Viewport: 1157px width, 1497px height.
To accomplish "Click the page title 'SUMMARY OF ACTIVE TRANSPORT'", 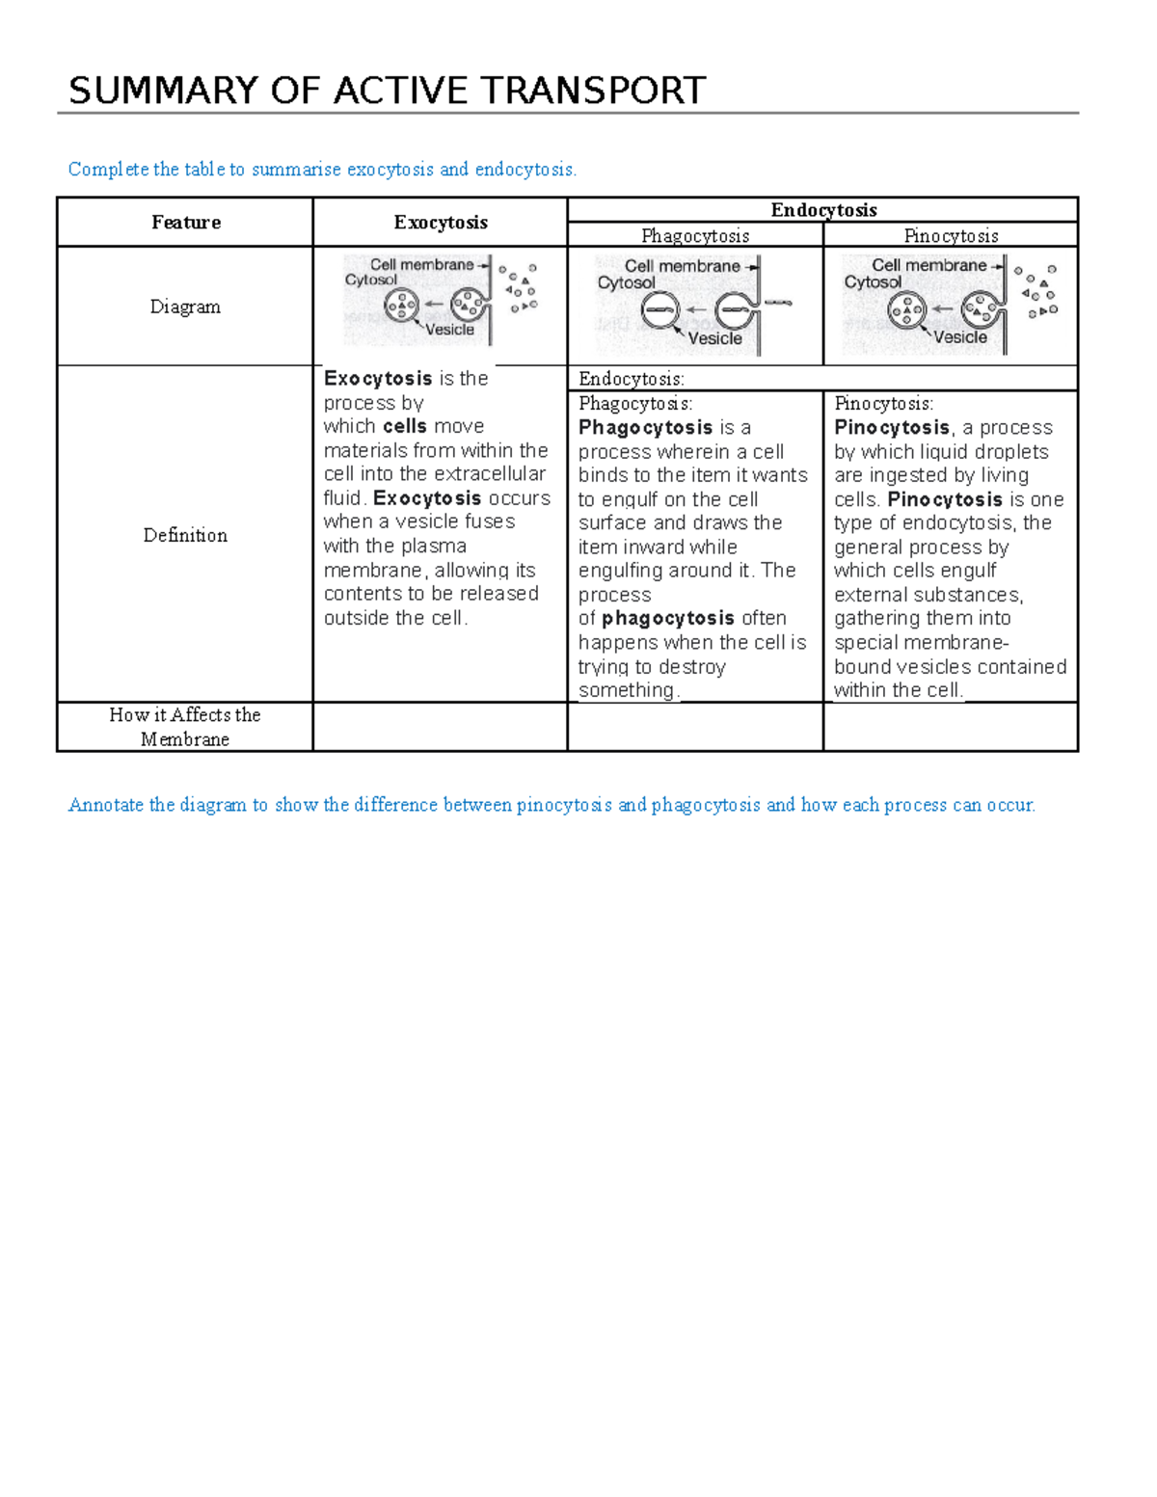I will tap(387, 91).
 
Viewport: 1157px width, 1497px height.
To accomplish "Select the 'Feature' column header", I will tap(185, 223).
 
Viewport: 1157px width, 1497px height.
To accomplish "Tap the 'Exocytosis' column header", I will tap(441, 223).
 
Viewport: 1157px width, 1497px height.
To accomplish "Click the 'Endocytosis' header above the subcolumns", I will tap(823, 210).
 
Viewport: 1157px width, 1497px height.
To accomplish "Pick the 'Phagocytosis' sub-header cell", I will tap(695, 235).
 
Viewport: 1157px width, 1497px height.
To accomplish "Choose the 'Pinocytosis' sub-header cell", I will tap(951, 235).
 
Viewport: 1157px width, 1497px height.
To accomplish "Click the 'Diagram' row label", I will tap(185, 307).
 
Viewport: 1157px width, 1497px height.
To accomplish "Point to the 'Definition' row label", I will tap(185, 535).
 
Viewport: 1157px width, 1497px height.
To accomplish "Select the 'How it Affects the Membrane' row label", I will tap(185, 727).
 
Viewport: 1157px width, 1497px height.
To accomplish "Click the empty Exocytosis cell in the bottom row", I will tap(441, 727).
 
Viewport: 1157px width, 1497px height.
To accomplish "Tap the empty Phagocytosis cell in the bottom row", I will tap(695, 727).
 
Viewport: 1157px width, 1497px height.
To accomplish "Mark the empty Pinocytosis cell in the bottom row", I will tap(951, 727).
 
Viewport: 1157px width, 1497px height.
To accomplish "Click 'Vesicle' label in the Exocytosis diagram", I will tap(450, 330).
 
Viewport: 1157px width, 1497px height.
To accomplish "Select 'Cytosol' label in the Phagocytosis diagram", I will tap(626, 282).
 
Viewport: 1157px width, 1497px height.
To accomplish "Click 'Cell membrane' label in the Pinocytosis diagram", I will tap(928, 265).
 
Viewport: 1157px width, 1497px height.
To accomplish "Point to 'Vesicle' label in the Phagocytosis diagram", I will tap(714, 338).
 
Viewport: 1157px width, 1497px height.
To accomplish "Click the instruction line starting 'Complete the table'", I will tap(322, 170).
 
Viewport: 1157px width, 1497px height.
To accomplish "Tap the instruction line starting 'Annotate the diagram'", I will tap(552, 805).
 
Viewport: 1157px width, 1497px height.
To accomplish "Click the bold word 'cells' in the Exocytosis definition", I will tap(405, 426).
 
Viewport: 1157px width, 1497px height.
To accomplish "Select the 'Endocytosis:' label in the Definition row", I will tap(632, 379).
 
